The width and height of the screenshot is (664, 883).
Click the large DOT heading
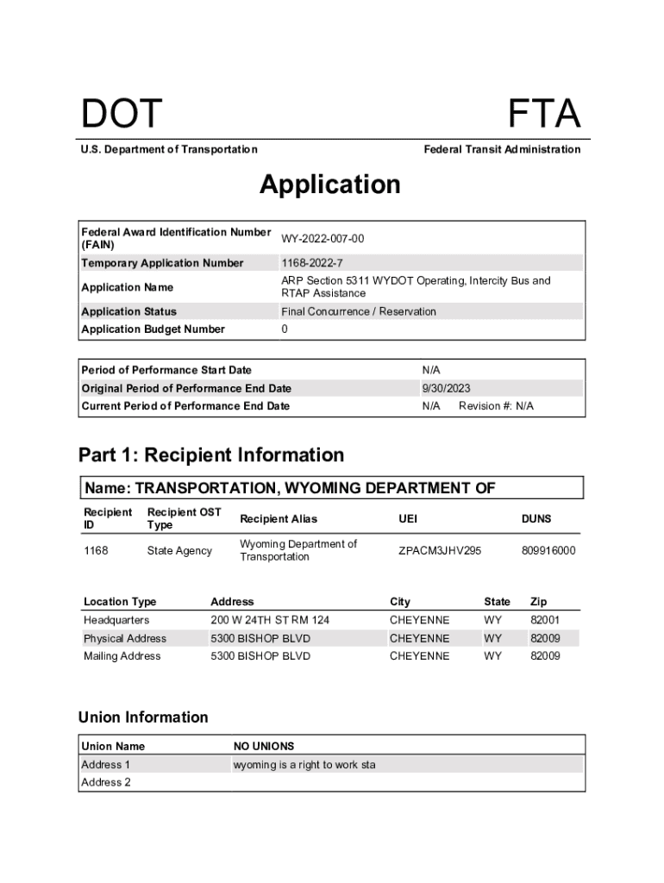(x=122, y=115)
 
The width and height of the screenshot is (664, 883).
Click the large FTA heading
(x=543, y=115)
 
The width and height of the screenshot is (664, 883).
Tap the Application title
(x=330, y=185)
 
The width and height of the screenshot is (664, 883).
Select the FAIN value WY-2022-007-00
(x=323, y=238)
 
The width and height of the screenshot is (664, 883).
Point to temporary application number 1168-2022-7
(x=312, y=263)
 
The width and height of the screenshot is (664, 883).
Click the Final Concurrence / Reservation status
(x=359, y=311)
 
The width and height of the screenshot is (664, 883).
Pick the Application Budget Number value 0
(x=285, y=329)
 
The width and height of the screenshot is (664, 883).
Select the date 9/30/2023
(x=446, y=388)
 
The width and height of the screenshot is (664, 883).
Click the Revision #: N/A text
(x=496, y=406)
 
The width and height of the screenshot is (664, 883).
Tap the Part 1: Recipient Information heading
(x=211, y=454)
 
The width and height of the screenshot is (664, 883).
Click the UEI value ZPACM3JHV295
(x=440, y=550)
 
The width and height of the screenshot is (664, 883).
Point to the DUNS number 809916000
(x=548, y=550)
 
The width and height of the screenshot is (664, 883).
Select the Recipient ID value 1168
(x=96, y=550)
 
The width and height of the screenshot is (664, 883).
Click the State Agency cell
(x=179, y=550)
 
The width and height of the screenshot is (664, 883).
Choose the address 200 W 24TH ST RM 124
(x=270, y=620)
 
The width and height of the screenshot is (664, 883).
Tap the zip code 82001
(x=545, y=620)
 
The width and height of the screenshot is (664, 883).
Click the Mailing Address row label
(x=122, y=656)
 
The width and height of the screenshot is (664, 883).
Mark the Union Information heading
(x=143, y=717)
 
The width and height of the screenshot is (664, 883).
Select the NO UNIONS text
(x=264, y=746)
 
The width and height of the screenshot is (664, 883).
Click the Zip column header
(x=538, y=602)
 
